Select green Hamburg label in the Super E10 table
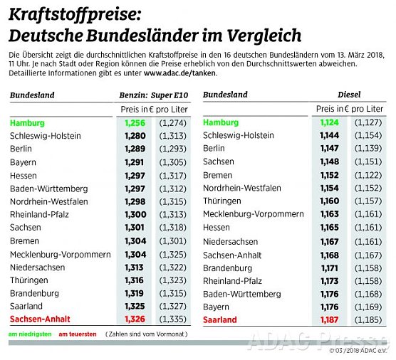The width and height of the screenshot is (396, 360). click(x=27, y=122)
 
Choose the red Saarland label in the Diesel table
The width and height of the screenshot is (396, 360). click(x=220, y=319)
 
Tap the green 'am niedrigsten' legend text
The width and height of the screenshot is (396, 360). click(x=29, y=333)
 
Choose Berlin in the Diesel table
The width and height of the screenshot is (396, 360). click(x=214, y=149)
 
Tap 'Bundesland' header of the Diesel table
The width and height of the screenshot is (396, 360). click(x=225, y=95)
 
